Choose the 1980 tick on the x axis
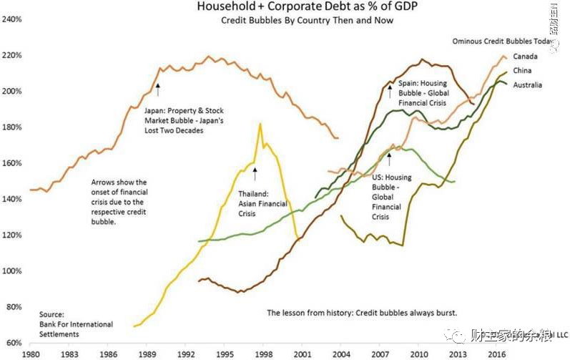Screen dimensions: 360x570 (x=31, y=354)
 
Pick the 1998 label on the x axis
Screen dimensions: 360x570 (x=262, y=354)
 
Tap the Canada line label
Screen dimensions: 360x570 (x=526, y=57)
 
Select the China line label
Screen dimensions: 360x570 (x=522, y=71)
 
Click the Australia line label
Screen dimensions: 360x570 (x=528, y=85)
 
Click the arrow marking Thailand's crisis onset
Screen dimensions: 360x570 (x=255, y=171)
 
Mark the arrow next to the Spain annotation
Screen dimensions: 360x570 (x=390, y=89)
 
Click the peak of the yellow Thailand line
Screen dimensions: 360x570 (x=260, y=125)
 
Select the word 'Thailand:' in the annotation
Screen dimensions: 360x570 (x=254, y=193)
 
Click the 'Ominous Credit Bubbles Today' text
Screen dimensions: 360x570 (x=503, y=42)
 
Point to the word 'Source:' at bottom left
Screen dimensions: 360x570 (x=52, y=315)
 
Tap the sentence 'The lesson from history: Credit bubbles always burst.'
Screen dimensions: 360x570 (x=361, y=313)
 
